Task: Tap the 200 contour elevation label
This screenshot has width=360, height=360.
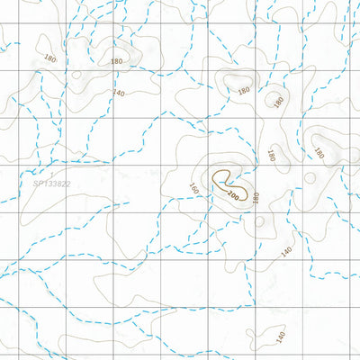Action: click(x=234, y=193)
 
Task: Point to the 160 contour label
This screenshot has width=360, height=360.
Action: click(x=193, y=190)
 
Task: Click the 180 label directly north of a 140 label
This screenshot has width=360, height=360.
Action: click(x=116, y=61)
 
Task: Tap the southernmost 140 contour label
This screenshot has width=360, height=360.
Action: click(x=280, y=336)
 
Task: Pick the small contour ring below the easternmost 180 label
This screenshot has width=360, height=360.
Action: click(x=310, y=177)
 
